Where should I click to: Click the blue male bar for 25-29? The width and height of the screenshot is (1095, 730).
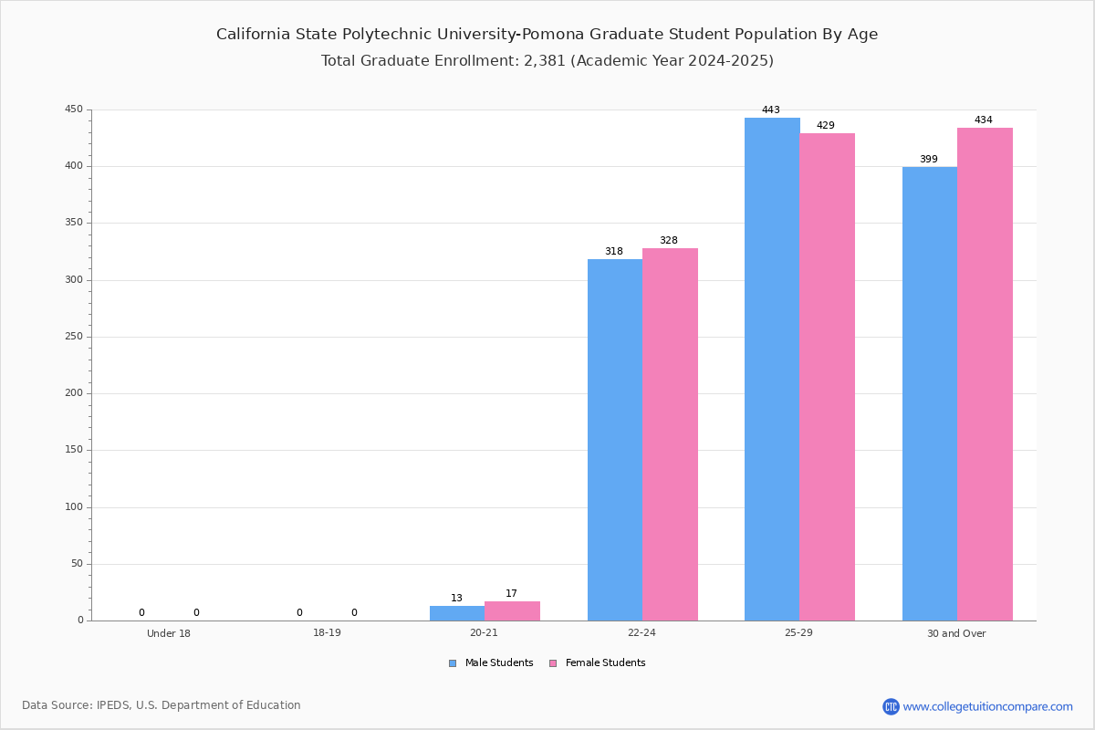[x=772, y=369]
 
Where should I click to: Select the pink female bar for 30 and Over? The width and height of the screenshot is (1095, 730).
[x=985, y=374]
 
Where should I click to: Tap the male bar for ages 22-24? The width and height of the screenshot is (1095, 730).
[x=615, y=440]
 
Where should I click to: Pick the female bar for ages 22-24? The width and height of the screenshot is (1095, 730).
[x=670, y=434]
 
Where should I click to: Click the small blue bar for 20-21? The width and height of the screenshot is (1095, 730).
[x=457, y=613]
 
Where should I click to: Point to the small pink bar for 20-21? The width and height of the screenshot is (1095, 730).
[x=512, y=611]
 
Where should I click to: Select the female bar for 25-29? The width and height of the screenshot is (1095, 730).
[x=827, y=377]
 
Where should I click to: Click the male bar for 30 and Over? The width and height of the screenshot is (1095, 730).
[x=930, y=393]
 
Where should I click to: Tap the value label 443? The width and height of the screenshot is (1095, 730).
[x=771, y=110]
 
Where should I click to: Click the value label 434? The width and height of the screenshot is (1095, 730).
[x=983, y=120]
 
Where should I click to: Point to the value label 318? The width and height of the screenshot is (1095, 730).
[x=613, y=252]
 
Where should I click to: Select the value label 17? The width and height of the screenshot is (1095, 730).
[x=511, y=594]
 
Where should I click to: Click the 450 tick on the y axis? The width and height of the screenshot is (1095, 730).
[x=73, y=109]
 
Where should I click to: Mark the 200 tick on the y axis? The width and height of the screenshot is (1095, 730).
[x=73, y=393]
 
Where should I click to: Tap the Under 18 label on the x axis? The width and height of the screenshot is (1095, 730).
[x=169, y=634]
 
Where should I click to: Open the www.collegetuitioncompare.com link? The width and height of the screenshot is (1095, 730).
[x=987, y=706]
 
